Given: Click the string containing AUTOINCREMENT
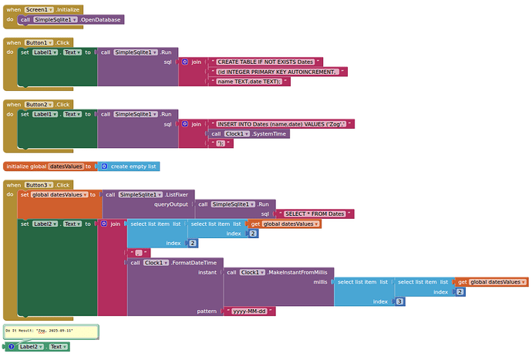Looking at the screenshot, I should click(x=278, y=71).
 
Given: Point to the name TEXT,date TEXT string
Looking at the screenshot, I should click(x=251, y=81).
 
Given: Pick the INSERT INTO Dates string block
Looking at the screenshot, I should click(x=281, y=123).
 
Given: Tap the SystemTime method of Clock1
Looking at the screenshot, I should click(x=271, y=133).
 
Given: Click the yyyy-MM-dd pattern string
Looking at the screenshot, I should click(x=254, y=311).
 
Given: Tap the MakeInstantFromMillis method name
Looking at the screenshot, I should click(x=298, y=272).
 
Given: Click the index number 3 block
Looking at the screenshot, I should click(x=399, y=301).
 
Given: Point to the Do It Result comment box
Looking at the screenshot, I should click(x=51, y=331).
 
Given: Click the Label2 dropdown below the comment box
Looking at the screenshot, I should click(x=31, y=347).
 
